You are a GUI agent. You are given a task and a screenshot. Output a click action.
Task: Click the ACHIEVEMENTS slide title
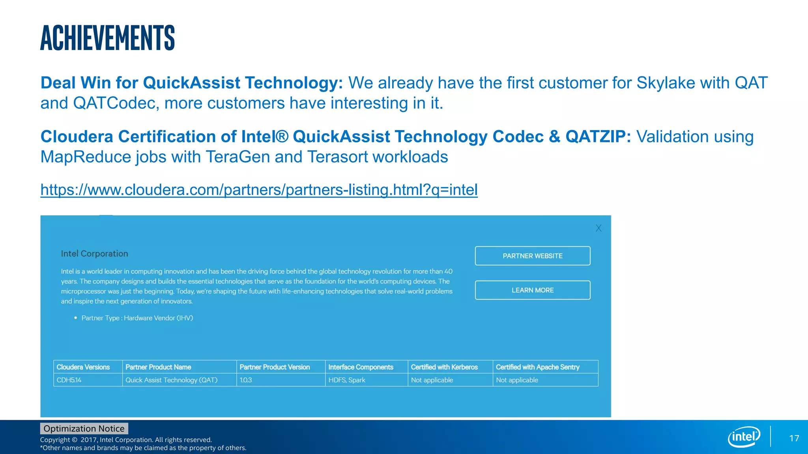click(107, 38)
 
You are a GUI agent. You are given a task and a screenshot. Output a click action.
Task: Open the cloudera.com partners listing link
click(259, 190)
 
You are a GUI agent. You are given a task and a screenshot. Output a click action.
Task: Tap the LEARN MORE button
click(532, 290)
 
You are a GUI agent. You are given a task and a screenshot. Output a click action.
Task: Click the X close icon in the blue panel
click(598, 228)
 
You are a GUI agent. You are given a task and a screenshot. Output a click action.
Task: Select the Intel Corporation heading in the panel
click(94, 254)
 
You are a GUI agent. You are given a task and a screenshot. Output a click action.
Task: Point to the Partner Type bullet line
click(137, 318)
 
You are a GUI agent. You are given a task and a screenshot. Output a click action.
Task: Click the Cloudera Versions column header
click(83, 367)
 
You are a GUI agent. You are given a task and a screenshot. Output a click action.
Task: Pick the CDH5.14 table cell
click(69, 380)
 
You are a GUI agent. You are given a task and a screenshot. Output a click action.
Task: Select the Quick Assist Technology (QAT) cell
click(171, 380)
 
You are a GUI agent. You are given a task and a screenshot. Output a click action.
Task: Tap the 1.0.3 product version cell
click(246, 380)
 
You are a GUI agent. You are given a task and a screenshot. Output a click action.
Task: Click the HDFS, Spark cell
click(347, 380)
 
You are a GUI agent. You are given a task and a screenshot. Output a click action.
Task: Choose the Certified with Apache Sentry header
click(537, 367)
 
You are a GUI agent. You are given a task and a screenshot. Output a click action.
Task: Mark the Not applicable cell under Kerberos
click(432, 380)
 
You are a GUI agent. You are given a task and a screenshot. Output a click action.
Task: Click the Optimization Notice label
click(84, 429)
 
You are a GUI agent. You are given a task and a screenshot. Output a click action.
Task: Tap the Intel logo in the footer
click(744, 437)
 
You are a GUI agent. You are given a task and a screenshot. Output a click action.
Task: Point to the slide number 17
click(794, 439)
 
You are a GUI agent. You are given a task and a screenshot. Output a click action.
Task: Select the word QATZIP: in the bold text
click(598, 137)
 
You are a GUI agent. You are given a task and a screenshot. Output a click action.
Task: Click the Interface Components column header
click(361, 367)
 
